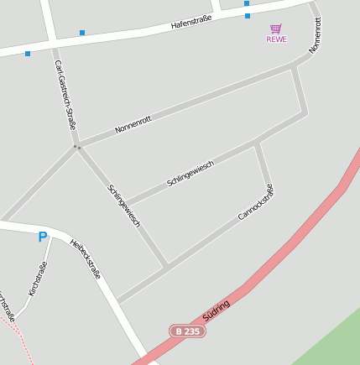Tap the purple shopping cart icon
pos(276,29)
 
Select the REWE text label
pos(276,39)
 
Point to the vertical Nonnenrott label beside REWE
pos(315,35)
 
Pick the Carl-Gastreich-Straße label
pos(65,93)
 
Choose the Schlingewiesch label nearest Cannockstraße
pos(190,173)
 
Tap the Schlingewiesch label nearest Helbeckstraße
pos(123,206)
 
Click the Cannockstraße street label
pos(256,202)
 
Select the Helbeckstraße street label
pos(86,258)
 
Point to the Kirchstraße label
pos(38,279)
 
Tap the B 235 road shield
pos(187,331)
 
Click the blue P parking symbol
pos(42,237)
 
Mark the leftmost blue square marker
pos(28,53)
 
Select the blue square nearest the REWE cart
pos(248,15)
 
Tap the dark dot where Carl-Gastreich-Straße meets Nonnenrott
pos(76,147)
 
